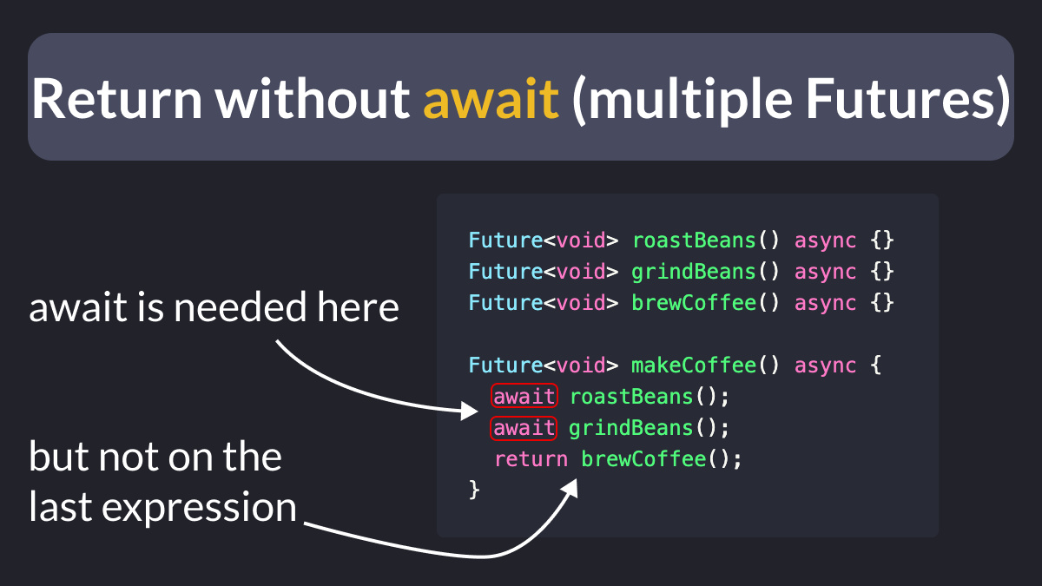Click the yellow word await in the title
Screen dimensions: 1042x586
coord(491,99)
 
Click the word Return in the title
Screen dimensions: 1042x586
coord(116,99)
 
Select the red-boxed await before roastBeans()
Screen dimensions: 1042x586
coord(524,396)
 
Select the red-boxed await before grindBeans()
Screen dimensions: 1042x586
coord(524,428)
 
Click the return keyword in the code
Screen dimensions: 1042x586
coord(531,459)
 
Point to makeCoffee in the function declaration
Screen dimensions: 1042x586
coord(694,365)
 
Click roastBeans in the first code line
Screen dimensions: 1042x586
coord(694,240)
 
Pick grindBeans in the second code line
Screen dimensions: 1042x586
coord(694,272)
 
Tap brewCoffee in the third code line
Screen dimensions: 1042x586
coord(694,303)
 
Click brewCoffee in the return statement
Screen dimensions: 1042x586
coord(643,459)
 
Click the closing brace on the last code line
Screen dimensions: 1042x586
coord(474,491)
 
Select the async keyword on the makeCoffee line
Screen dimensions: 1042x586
coord(825,366)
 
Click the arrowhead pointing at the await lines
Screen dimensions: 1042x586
coord(469,411)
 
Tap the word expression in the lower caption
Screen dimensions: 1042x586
coord(199,508)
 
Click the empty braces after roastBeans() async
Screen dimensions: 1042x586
coord(882,240)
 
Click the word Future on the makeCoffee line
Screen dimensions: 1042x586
coord(505,365)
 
